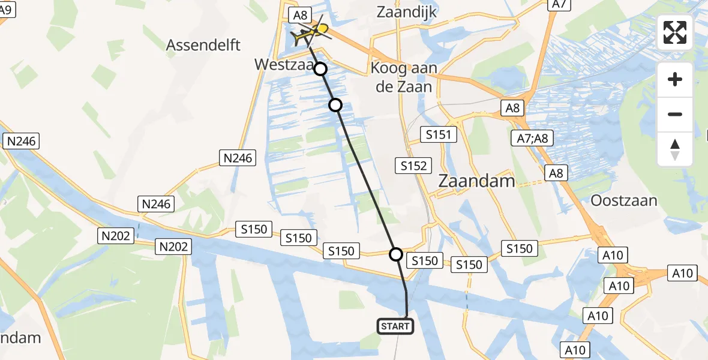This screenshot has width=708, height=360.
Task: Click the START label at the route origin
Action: coord(395,326)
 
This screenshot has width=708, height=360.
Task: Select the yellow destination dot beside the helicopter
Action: coord(323,29)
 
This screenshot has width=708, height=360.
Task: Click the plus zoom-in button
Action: coord(675,79)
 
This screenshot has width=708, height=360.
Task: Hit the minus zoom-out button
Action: coord(675,114)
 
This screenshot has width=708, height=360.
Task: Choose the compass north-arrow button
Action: coord(675,149)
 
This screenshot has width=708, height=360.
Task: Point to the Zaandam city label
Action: coord(477,181)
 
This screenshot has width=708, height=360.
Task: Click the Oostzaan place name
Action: coord(624,200)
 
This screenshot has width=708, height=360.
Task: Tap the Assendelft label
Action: coord(203,45)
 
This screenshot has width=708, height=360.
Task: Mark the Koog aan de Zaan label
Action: coord(401,77)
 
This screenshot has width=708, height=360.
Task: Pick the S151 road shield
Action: coord(439,134)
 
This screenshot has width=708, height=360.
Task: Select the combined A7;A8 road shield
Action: coord(532,139)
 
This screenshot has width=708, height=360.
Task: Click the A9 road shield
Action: coord(9,8)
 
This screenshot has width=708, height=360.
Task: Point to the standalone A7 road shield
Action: coord(559,4)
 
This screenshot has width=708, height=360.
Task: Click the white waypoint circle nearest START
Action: coord(396,254)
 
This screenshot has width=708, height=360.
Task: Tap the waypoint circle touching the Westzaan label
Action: coord(321,69)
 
